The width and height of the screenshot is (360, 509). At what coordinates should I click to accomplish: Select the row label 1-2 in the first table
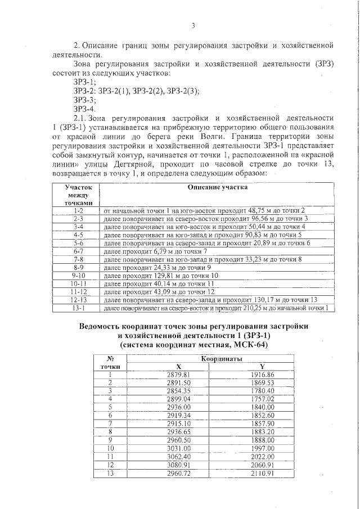point(78,209)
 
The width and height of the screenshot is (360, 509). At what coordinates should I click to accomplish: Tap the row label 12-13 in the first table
point(78,300)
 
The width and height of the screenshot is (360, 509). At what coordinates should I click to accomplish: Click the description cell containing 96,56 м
point(202,218)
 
